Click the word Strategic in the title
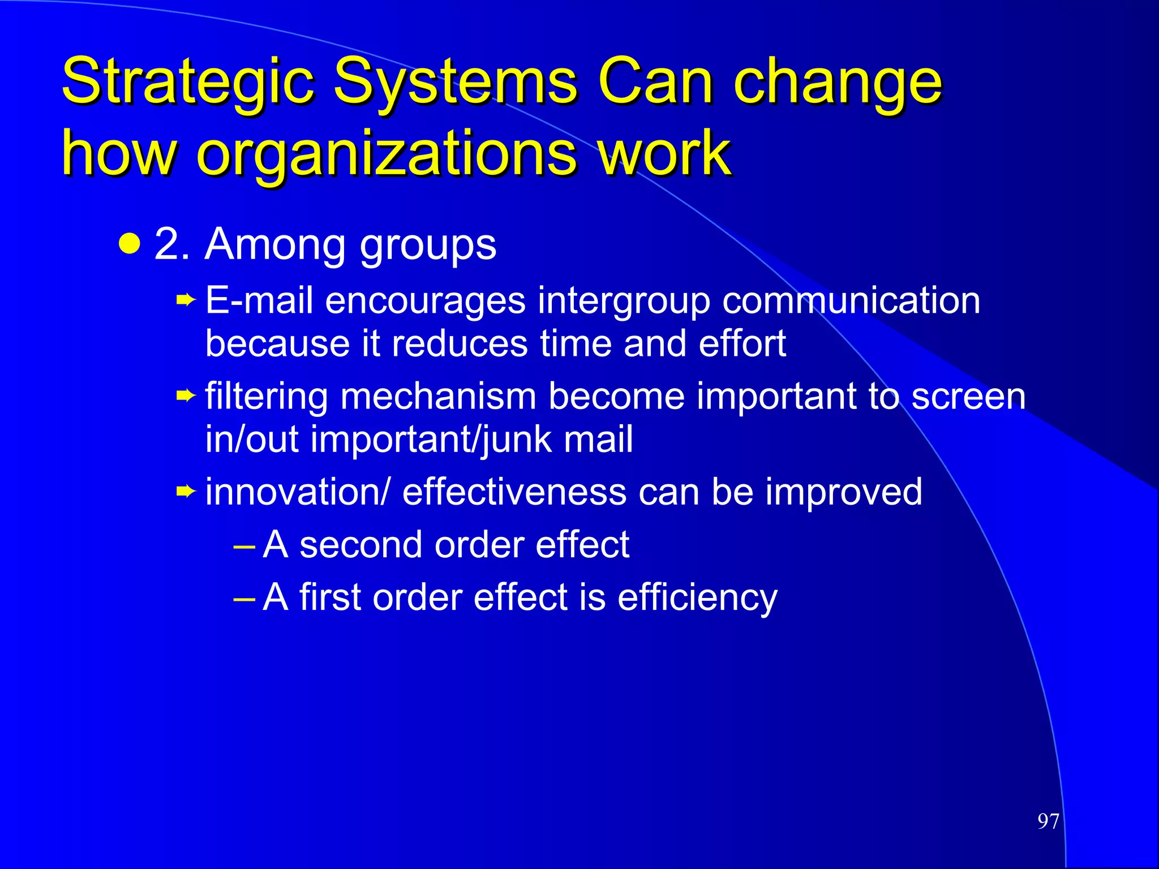click(x=187, y=82)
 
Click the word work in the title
click(x=664, y=153)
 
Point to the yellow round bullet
click(x=130, y=244)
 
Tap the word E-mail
click(x=259, y=300)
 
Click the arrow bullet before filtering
click(x=186, y=395)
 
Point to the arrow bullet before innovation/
click(x=186, y=491)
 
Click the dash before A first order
click(x=244, y=597)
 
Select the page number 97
click(x=1048, y=821)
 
